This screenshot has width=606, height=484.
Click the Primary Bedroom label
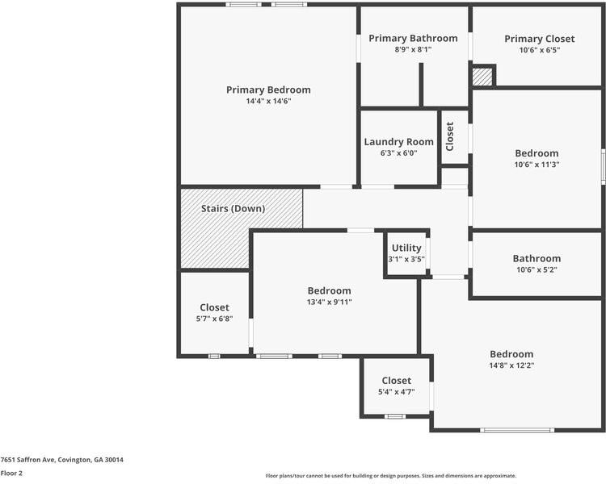(x=268, y=90)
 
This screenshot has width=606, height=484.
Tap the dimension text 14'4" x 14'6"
(x=268, y=101)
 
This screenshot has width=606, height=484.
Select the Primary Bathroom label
(x=413, y=38)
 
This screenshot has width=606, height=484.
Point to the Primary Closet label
(x=539, y=39)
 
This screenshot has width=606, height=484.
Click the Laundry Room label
(x=398, y=141)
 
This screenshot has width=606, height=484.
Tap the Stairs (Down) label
(x=233, y=208)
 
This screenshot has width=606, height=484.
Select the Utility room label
(x=406, y=248)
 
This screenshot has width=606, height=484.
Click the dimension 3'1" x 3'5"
(x=406, y=259)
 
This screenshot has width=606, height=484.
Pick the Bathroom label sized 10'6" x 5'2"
(x=537, y=258)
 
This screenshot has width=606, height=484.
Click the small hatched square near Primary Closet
(x=482, y=77)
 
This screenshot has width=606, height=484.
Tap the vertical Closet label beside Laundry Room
(x=450, y=137)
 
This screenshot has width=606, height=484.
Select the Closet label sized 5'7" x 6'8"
(x=214, y=307)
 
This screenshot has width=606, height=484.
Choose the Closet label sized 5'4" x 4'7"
(x=396, y=380)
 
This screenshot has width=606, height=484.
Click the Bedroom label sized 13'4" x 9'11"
(x=329, y=290)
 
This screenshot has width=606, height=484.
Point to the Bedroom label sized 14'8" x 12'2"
(x=511, y=353)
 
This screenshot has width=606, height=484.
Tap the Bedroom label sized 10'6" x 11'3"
(x=537, y=152)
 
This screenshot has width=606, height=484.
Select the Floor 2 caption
(x=11, y=473)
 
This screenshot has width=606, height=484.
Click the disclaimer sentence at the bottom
(x=390, y=476)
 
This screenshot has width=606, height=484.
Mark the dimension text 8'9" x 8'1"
(x=413, y=49)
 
